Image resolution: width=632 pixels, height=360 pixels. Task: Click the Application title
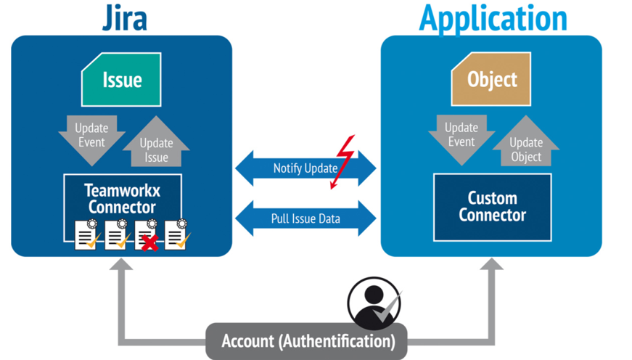coord(493,17)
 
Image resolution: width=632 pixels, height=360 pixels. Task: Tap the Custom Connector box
coord(492,206)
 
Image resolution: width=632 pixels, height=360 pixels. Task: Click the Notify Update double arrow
coord(305,168)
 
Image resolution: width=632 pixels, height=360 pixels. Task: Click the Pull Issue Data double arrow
coord(305,217)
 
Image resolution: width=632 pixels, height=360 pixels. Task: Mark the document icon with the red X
coord(147,236)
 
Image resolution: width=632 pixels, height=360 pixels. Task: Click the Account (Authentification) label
coord(308,340)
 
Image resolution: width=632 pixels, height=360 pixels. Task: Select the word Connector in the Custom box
coord(492,215)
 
